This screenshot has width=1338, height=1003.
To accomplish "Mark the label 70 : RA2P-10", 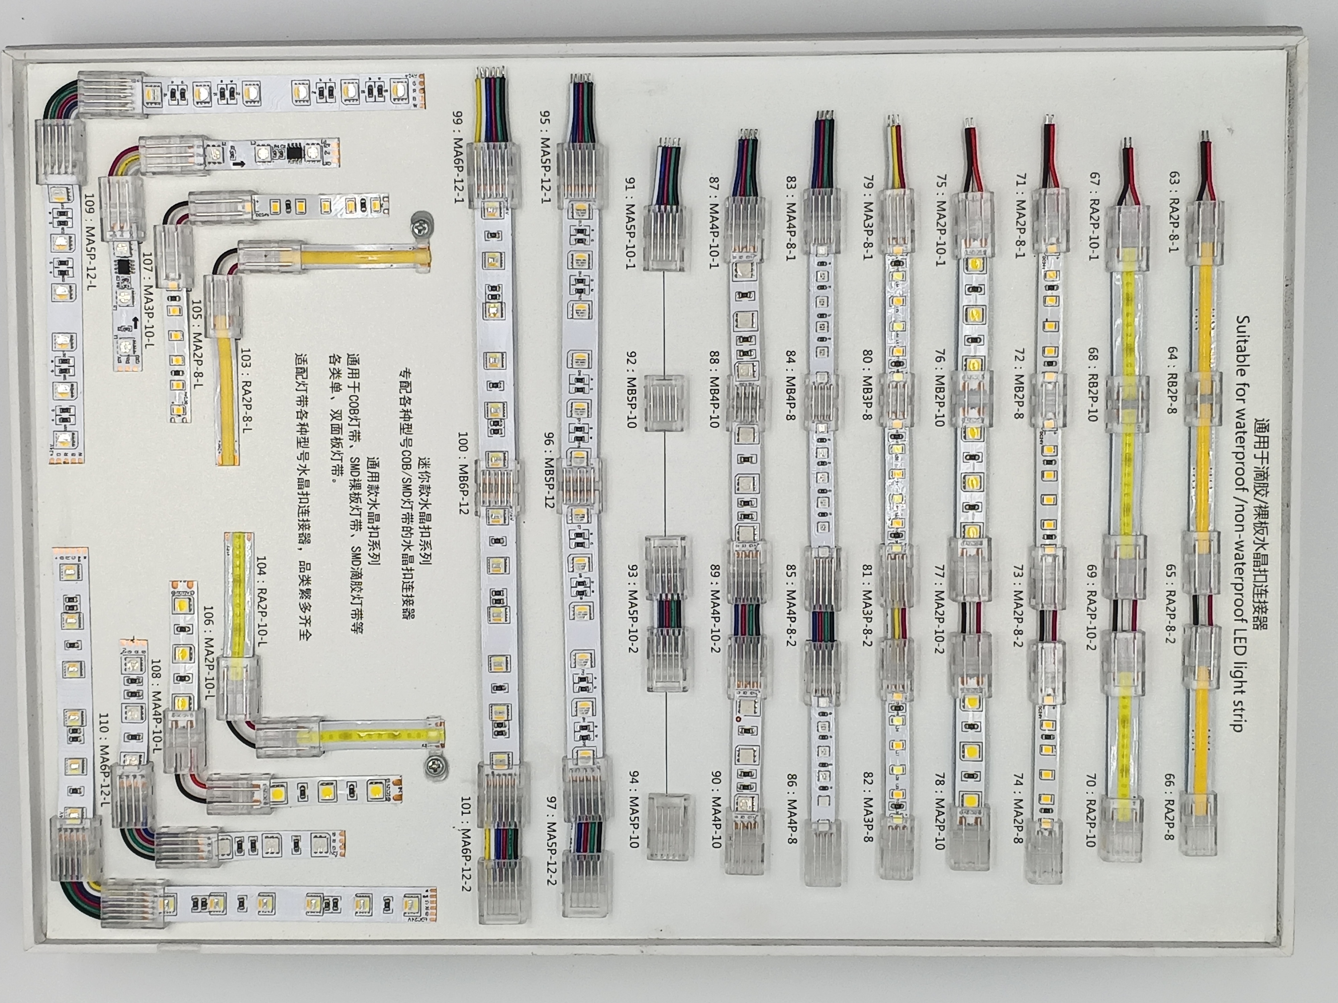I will pyautogui.click(x=1090, y=809).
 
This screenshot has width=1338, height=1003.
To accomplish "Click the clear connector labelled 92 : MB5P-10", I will pyautogui.click(x=665, y=402).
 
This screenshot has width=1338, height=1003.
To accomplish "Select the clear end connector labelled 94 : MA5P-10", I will pyautogui.click(x=668, y=826).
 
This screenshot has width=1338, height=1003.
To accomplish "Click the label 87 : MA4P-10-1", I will pyautogui.click(x=714, y=222).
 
